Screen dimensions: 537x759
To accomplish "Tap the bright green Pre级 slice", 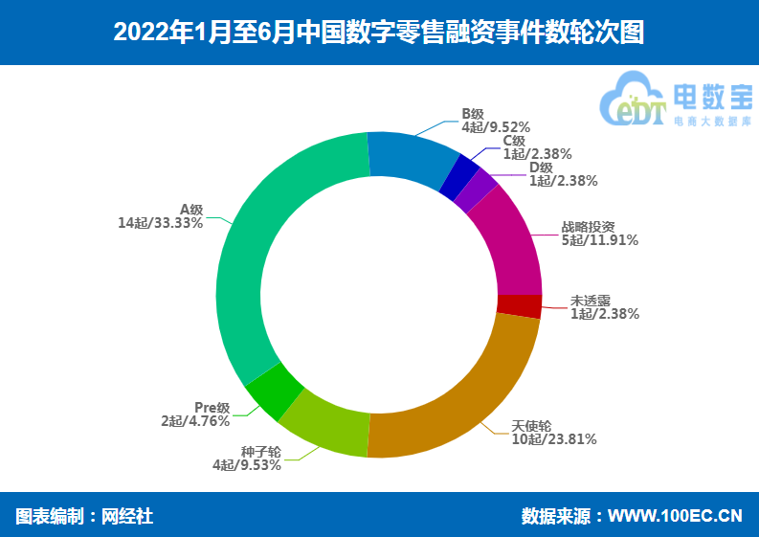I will [x=275, y=392].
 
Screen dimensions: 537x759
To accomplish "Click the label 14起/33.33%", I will [x=160, y=223].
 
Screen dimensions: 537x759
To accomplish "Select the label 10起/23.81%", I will [x=554, y=439].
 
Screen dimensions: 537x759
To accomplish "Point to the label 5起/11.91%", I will [x=600, y=240].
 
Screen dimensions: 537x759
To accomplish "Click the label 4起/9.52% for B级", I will [x=496, y=125].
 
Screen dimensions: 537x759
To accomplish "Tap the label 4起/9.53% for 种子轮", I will [x=247, y=465].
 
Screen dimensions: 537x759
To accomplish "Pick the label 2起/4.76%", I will [x=195, y=420].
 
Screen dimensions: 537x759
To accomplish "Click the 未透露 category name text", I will [x=590, y=299].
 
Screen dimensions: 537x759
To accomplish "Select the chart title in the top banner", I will [x=379, y=33].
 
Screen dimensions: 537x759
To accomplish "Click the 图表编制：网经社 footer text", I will [x=84, y=516].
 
